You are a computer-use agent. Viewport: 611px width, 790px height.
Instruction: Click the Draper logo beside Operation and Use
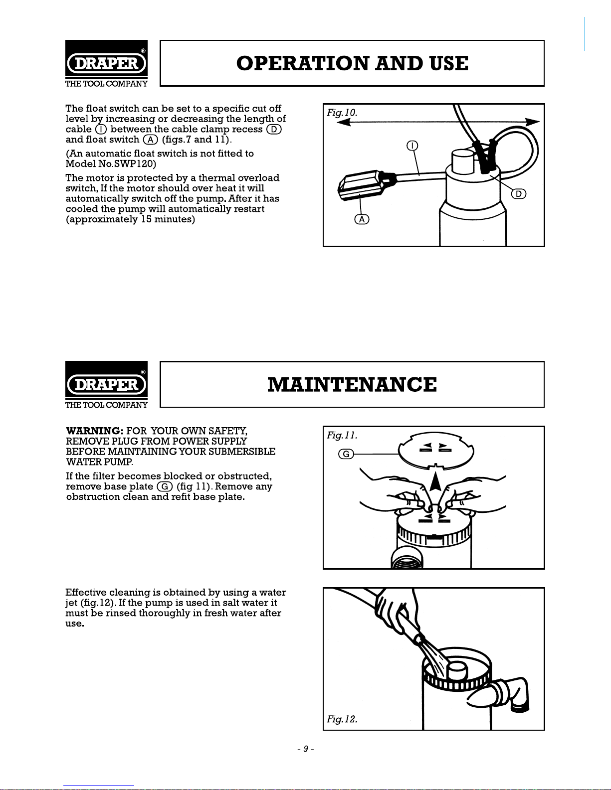(106, 64)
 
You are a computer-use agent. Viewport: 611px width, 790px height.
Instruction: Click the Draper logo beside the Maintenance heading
(106, 385)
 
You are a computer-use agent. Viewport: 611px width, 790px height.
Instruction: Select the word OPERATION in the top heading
(302, 64)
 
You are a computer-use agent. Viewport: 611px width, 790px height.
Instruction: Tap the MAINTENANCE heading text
(352, 385)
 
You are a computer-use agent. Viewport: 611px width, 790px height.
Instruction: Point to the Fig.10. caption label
(342, 113)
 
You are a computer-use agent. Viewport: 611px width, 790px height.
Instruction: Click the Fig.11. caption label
(342, 435)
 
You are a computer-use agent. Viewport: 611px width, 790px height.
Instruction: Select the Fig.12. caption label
(342, 719)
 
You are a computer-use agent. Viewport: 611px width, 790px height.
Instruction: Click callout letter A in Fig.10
(362, 220)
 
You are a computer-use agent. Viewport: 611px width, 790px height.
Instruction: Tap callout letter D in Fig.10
(519, 194)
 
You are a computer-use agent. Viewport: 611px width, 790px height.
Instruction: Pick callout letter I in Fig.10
(412, 146)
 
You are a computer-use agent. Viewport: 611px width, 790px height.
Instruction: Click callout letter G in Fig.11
(346, 454)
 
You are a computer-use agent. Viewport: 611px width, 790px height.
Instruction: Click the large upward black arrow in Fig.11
(435, 481)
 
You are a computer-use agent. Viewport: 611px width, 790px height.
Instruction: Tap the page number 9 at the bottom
(306, 749)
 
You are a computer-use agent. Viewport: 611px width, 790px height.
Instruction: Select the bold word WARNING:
(95, 431)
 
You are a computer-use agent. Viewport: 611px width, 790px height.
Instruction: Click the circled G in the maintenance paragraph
(165, 486)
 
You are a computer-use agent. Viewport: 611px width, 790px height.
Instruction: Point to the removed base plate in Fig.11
(436, 451)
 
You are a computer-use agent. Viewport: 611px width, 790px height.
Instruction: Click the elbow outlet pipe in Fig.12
(509, 695)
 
